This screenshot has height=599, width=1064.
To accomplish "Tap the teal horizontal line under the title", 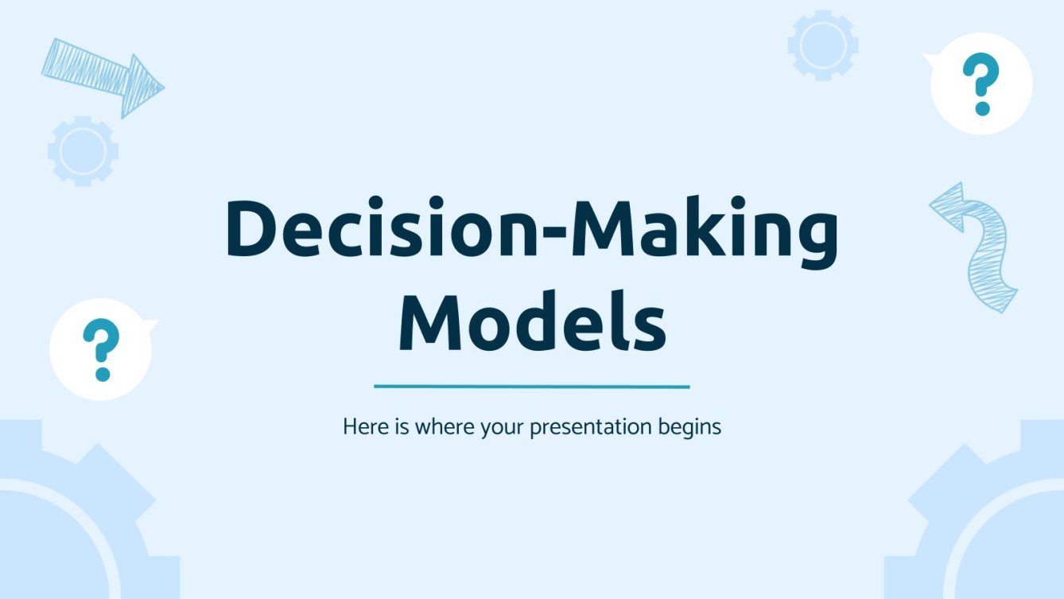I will click(531, 387).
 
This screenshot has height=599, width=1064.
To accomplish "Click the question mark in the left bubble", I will click(101, 349).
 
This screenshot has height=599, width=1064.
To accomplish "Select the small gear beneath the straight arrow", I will click(83, 150).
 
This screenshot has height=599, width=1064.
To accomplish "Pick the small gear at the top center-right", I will click(822, 45).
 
